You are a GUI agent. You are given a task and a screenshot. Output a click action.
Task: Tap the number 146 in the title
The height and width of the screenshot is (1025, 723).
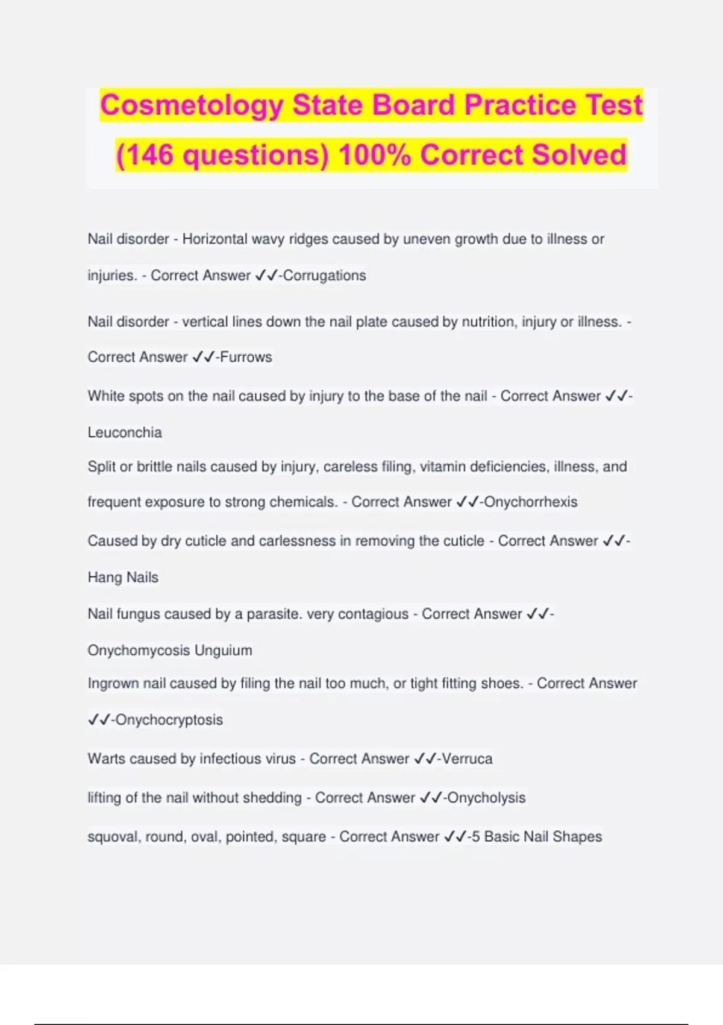pos(148,156)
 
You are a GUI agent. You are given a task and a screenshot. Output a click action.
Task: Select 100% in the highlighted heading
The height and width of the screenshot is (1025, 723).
pos(374,156)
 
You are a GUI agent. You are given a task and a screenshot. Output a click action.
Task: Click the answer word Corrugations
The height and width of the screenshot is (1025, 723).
pos(324,276)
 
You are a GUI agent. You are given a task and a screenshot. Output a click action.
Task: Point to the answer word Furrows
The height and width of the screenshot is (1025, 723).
pos(246,357)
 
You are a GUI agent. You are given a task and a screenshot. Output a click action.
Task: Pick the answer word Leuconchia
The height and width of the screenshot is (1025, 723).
pos(125,432)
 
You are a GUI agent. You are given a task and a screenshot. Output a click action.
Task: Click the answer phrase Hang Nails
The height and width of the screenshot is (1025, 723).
pos(123,577)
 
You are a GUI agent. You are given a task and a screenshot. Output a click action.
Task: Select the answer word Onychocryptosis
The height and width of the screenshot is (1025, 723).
pos(169,720)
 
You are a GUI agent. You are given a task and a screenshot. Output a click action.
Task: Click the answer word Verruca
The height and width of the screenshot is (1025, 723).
pos(467,758)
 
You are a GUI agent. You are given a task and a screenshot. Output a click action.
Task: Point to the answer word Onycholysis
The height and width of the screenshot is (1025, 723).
pos(486,798)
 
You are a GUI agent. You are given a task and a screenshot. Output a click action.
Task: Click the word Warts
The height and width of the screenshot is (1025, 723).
pos(107,758)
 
